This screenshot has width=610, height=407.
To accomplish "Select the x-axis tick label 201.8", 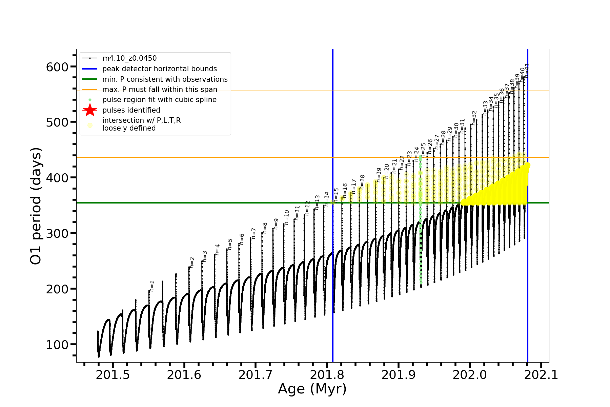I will [327, 375].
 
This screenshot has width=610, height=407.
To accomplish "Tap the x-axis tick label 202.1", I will [541, 375].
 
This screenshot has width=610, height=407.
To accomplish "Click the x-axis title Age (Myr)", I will [312, 389].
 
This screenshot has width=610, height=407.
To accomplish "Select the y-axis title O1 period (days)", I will [36, 206].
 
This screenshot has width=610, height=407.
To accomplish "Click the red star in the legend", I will [90, 110].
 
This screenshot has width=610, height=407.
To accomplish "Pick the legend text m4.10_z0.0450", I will [129, 58].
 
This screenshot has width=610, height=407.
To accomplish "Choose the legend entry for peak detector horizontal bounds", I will [159, 69].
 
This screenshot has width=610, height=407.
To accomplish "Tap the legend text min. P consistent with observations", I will [165, 79].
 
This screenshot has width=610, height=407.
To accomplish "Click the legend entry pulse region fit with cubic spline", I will [159, 100].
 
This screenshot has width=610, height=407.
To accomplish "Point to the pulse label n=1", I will [152, 286].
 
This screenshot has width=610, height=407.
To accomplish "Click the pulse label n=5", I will [230, 244].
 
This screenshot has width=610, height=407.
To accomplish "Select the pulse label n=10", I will [287, 217].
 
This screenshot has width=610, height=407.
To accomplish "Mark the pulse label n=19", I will [379, 175].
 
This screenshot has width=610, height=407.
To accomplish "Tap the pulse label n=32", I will [474, 118].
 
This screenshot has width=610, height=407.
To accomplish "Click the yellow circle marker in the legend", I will [90, 125].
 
